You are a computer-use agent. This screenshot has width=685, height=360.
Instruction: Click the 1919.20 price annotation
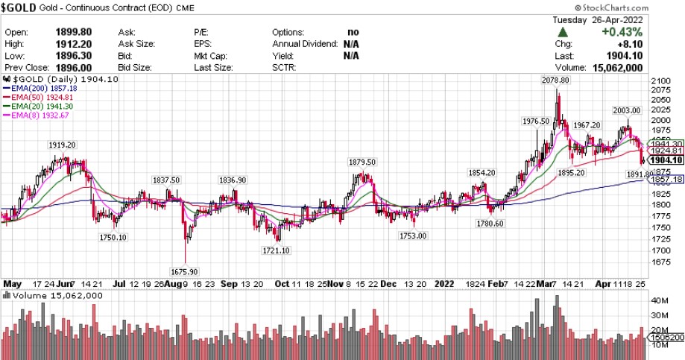[62, 145]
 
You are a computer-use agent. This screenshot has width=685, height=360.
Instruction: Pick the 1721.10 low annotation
[276, 251]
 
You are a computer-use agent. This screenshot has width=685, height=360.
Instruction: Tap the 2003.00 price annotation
[627, 110]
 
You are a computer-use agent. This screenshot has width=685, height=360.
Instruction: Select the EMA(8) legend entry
[35, 116]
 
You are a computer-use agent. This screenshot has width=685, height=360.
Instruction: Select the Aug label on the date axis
[172, 283]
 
